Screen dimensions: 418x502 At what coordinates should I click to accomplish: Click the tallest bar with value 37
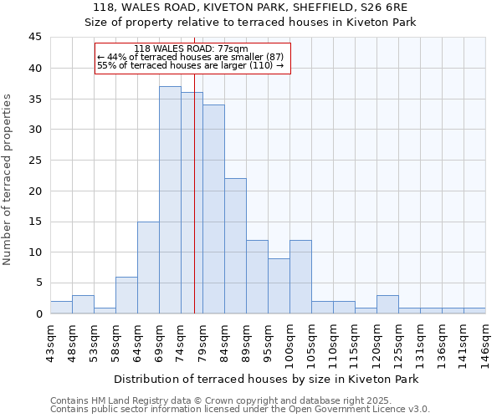[x=170, y=200]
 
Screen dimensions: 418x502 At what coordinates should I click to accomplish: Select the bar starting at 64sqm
[x=148, y=268]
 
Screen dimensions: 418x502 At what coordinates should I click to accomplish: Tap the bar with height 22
[x=235, y=246]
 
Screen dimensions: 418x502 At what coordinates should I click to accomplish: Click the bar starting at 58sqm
[x=126, y=295]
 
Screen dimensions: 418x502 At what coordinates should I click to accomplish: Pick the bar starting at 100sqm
[x=300, y=277]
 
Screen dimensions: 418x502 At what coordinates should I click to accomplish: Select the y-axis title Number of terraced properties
[x=8, y=179]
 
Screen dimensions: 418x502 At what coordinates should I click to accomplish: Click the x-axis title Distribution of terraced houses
[x=265, y=379]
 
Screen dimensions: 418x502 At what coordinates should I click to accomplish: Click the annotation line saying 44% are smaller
[x=191, y=57]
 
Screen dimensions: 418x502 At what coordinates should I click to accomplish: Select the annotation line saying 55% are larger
[x=191, y=65]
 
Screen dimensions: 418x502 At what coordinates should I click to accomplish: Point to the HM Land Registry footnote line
[x=221, y=400]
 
